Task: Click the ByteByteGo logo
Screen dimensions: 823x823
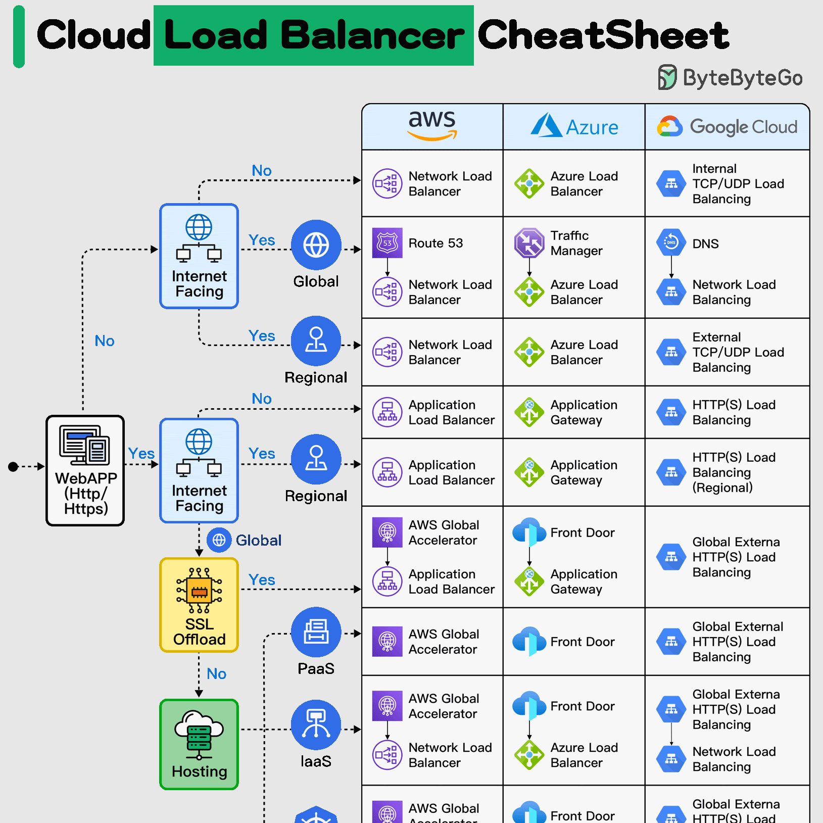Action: point(731,77)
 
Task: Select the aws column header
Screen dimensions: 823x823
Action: point(432,126)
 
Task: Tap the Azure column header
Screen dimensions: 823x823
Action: point(574,126)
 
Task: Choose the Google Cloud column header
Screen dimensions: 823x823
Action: point(728,126)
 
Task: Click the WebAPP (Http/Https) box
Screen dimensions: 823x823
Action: point(85,470)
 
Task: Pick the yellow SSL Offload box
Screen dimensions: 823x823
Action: point(199,605)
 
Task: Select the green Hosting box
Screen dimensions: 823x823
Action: point(199,744)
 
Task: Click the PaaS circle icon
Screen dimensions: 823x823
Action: point(316,632)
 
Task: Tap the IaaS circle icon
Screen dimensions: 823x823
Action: point(316,724)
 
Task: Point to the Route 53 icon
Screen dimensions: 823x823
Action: point(388,243)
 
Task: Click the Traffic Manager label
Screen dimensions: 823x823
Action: point(576,243)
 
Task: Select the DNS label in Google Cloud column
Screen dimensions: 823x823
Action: point(705,244)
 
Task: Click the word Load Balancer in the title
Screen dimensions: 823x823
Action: point(314,35)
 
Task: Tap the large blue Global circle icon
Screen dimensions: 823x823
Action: point(316,245)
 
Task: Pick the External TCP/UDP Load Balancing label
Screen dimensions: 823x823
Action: point(738,352)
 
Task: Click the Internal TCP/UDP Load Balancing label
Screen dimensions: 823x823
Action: point(738,183)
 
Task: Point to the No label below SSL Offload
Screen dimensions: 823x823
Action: point(217,673)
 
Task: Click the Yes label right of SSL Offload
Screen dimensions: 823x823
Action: point(262,579)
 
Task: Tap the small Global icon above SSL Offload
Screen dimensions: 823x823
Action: point(219,540)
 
